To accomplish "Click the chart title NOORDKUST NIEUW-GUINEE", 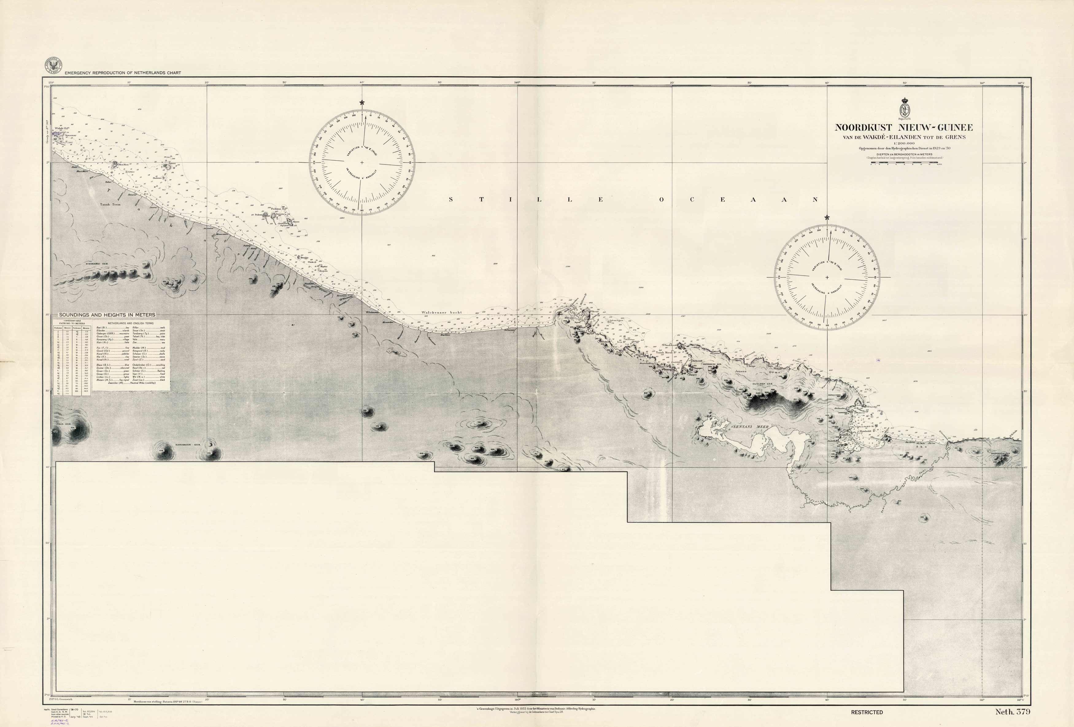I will [x=903, y=128].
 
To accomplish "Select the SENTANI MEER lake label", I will [x=749, y=427].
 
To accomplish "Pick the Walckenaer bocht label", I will [x=441, y=312].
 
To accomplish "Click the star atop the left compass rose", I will [x=362, y=102].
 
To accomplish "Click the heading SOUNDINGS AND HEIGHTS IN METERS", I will [x=107, y=315].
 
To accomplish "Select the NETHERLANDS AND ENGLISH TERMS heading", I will [x=130, y=323].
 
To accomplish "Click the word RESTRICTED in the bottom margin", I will [x=867, y=712].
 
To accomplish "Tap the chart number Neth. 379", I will [x=1013, y=712].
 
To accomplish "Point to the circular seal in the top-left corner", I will [x=54, y=66].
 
